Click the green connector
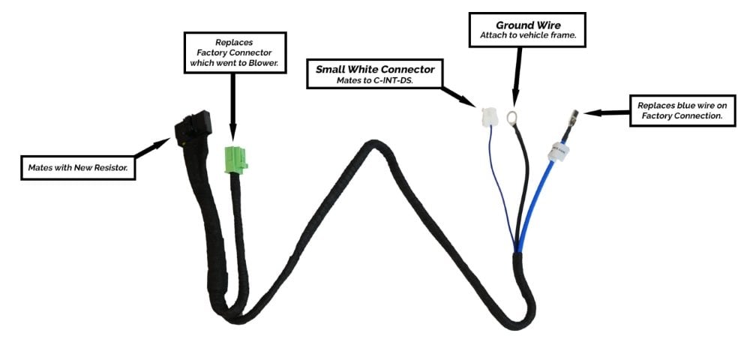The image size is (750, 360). point(235,159)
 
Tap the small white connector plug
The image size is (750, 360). point(488,117)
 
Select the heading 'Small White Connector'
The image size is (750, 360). point(375,69)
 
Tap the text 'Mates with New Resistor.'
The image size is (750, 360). point(78,168)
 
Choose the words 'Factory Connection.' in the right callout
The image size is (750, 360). point(682,115)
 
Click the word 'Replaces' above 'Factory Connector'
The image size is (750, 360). point(234,43)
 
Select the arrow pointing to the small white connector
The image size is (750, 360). point(458,97)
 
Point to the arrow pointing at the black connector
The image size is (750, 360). point(152,148)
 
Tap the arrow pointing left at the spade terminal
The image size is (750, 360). point(607,113)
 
